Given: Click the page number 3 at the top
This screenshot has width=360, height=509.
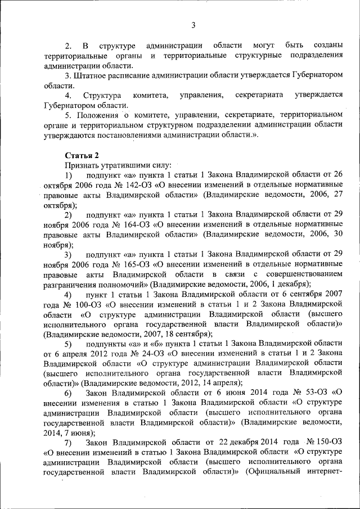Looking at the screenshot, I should click(x=193, y=25).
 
